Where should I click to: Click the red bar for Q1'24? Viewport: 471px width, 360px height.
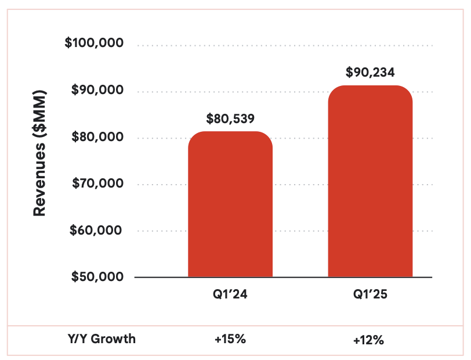point(230,206)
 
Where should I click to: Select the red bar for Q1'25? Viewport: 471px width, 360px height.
point(370,183)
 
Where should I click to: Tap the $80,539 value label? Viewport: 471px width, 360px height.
point(230,119)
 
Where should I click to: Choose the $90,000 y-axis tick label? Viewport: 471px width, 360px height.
point(97,91)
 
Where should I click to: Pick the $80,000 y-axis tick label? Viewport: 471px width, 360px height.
point(97,137)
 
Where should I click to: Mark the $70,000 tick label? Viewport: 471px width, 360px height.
point(97,183)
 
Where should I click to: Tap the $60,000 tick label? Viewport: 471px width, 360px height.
point(97,230)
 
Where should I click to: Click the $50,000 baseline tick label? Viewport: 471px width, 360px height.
point(97,276)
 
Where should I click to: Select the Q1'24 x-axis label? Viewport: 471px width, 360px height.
point(230,294)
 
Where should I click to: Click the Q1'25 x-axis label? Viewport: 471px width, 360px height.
point(370,294)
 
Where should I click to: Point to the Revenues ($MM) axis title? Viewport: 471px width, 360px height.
point(39,153)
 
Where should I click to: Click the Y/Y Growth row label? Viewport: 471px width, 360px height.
point(102,339)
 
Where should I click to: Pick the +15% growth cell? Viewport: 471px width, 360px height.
point(230,339)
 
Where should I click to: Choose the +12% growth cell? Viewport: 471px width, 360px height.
point(369,340)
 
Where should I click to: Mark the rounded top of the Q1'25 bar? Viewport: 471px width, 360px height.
point(370,88)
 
